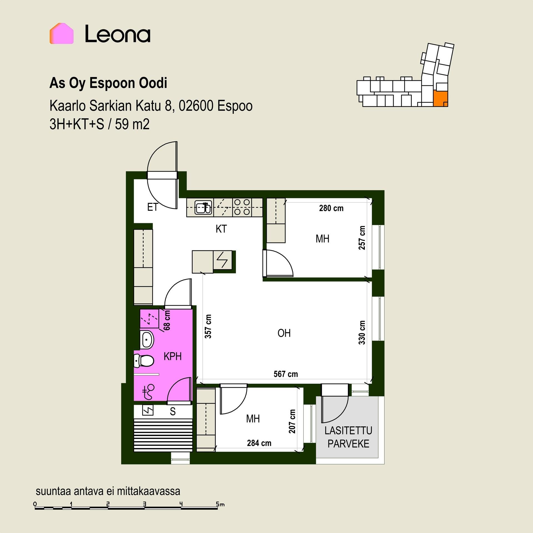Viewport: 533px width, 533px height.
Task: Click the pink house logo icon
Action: pyautogui.click(x=61, y=33)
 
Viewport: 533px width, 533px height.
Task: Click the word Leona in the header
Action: pyautogui.click(x=118, y=34)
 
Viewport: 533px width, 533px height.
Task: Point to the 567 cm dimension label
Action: pyautogui.click(x=286, y=374)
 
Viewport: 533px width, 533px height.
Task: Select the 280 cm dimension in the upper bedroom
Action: pyautogui.click(x=331, y=208)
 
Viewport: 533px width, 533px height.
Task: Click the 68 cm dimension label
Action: pyautogui.click(x=167, y=320)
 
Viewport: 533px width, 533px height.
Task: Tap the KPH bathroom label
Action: pyautogui.click(x=172, y=356)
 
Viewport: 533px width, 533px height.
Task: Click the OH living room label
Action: pyautogui.click(x=284, y=333)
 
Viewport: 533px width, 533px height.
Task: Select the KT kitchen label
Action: pyautogui.click(x=221, y=229)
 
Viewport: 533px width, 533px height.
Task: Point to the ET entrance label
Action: pyautogui.click(x=153, y=207)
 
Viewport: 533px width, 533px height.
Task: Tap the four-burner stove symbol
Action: pyautogui.click(x=242, y=207)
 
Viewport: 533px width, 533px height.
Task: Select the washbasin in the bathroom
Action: pyautogui.click(x=147, y=340)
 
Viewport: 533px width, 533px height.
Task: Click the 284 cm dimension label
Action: pyautogui.click(x=259, y=443)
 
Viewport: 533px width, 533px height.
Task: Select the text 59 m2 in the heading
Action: pyautogui.click(x=132, y=124)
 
